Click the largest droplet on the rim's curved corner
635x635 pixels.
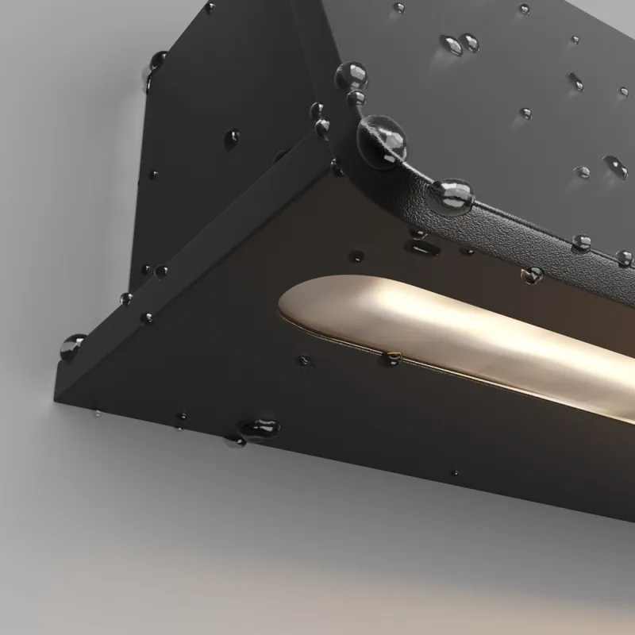click(382, 140)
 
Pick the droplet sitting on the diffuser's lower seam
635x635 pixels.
click(392, 358)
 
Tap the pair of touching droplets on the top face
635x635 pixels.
click(460, 44)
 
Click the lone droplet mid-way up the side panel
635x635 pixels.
click(232, 139)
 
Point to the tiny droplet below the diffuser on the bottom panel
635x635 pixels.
click(456, 473)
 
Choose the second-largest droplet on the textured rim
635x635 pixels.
click(452, 195)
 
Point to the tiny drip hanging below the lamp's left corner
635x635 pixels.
click(97, 413)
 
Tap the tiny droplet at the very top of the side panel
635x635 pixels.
click(210, 8)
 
